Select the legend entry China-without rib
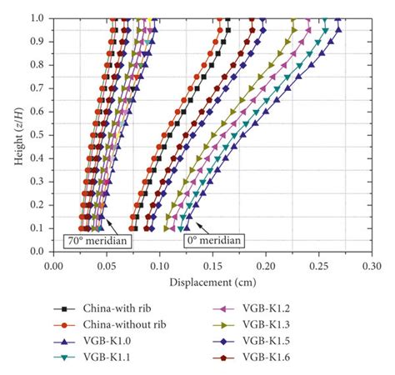click(x=126, y=324)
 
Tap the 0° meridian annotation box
click(x=213, y=241)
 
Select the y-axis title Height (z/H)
click(x=17, y=133)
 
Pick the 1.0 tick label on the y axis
click(x=38, y=17)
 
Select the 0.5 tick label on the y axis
click(x=38, y=134)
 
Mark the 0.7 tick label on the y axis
click(x=38, y=87)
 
